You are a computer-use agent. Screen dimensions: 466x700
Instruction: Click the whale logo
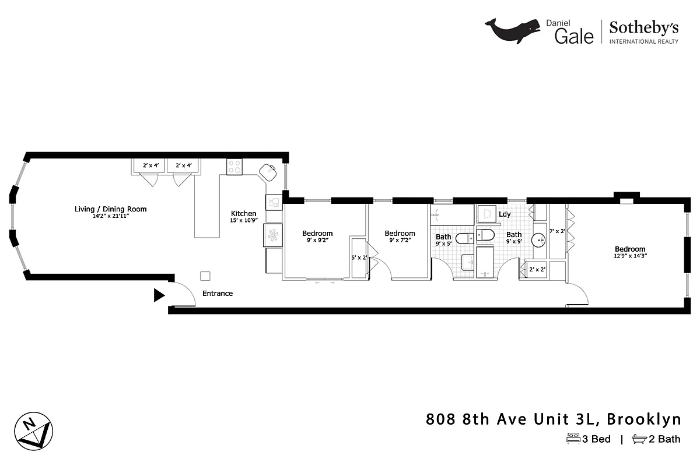(513, 31)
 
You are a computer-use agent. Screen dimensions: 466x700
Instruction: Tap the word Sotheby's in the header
(644, 27)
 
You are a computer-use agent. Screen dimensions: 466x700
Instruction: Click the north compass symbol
(33, 432)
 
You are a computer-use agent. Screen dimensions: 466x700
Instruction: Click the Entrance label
(218, 294)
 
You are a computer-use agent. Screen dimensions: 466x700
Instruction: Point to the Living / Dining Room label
(110, 209)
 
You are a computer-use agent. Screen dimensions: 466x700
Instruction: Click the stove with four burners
(235, 167)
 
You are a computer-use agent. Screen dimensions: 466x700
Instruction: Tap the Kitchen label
(243, 214)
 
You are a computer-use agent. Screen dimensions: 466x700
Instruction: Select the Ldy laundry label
(505, 214)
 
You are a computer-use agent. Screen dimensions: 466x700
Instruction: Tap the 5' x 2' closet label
(359, 257)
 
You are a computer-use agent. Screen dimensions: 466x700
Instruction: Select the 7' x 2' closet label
(558, 231)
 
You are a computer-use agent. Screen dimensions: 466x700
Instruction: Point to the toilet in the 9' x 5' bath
(465, 238)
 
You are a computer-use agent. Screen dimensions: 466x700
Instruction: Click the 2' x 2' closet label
(537, 269)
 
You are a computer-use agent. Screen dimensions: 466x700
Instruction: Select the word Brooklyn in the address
(644, 419)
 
